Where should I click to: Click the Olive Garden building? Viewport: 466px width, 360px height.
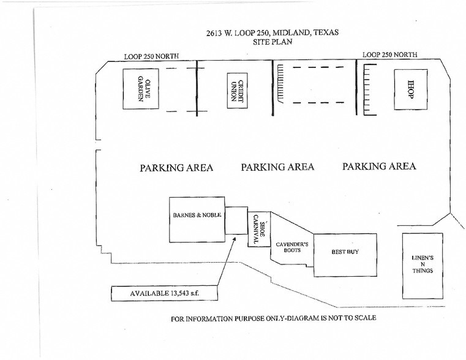tap(141, 89)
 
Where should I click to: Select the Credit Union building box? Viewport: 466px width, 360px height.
tap(238, 91)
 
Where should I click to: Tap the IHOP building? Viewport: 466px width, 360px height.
tap(411, 89)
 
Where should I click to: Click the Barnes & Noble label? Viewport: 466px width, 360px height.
tap(197, 215)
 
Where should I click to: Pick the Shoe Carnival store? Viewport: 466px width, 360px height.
tap(259, 229)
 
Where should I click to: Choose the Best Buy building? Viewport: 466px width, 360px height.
tap(345, 255)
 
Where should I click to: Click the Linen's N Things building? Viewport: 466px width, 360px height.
tap(423, 266)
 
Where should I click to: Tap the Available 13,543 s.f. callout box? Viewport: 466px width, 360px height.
tap(164, 293)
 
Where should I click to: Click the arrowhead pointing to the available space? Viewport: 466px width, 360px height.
tap(235, 239)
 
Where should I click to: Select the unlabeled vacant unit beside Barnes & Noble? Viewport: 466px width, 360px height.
tap(236, 220)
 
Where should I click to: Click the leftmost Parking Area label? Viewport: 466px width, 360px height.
tap(176, 168)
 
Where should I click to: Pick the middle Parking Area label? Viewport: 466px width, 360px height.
tap(277, 167)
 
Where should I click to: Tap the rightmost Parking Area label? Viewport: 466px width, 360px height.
tap(379, 166)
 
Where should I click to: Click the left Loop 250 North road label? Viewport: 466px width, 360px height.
tap(152, 56)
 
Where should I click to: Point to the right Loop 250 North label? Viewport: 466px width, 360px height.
tap(390, 54)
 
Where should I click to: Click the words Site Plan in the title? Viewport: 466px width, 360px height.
tap(272, 42)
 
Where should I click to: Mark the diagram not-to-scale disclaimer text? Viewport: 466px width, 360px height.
tap(274, 318)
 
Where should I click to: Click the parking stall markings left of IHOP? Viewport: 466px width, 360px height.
tap(370, 89)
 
